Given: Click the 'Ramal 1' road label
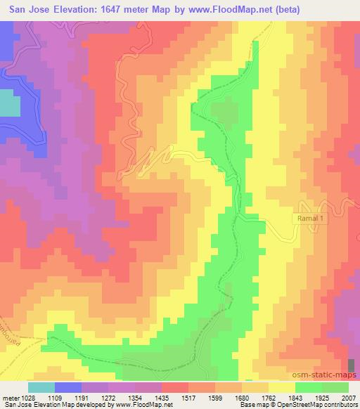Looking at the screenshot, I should click(x=310, y=219).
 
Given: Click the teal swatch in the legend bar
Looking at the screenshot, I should click(x=41, y=387).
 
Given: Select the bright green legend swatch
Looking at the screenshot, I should click(x=308, y=387).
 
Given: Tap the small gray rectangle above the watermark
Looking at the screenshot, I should click(x=352, y=364).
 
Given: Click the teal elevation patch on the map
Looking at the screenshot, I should click(x=9, y=105).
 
